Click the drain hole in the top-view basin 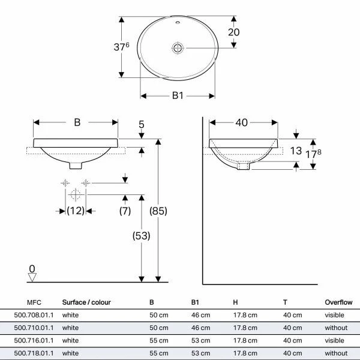[x=178, y=47]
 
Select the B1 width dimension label [x=178, y=95]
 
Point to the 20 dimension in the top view [x=233, y=32]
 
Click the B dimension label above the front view [x=77, y=122]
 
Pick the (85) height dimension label [x=157, y=211]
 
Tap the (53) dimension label [x=141, y=236]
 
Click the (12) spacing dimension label [x=75, y=211]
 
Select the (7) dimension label [x=125, y=211]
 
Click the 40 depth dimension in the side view [x=242, y=122]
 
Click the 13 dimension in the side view [x=295, y=151]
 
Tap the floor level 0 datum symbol [x=32, y=274]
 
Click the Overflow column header [x=338, y=302]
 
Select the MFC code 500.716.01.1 [x=34, y=341]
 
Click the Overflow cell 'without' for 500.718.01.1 [x=336, y=353]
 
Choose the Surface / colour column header [x=86, y=302]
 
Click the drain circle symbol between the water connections [x=75, y=194]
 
